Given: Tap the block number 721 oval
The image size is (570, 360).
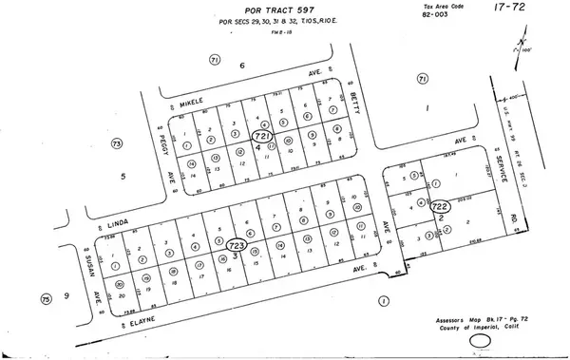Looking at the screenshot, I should click(261, 137).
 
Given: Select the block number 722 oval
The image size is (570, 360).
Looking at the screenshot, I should click(440, 205).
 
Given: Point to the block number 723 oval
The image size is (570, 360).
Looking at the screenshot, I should click(236, 246).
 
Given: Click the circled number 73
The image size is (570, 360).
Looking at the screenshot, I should click(117, 143).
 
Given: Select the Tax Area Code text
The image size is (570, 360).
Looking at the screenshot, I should click(420, 6).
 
